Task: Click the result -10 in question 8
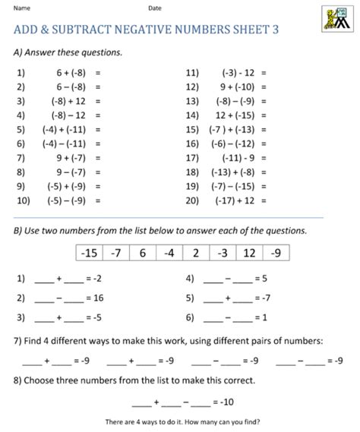[226, 400]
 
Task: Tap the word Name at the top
[22, 8]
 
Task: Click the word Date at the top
[155, 8]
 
